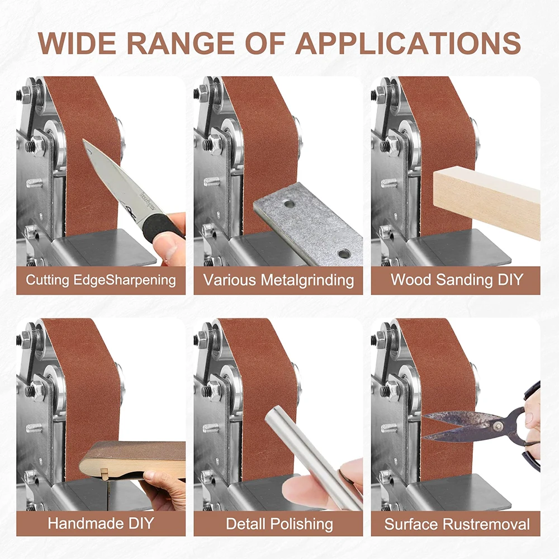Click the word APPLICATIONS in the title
pyautogui.click(x=408, y=44)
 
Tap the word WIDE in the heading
pyautogui.click(x=77, y=44)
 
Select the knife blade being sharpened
pyautogui.click(x=115, y=180)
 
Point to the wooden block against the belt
pyautogui.click(x=487, y=203)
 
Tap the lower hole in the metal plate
pyautogui.click(x=344, y=254)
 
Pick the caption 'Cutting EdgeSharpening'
pyautogui.click(x=101, y=280)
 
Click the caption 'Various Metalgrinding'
pyautogui.click(x=278, y=280)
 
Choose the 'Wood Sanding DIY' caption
pyautogui.click(x=457, y=279)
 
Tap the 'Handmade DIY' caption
pyautogui.click(x=101, y=523)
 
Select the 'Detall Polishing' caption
pyautogui.click(x=279, y=524)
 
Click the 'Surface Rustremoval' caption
pyautogui.click(x=457, y=524)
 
